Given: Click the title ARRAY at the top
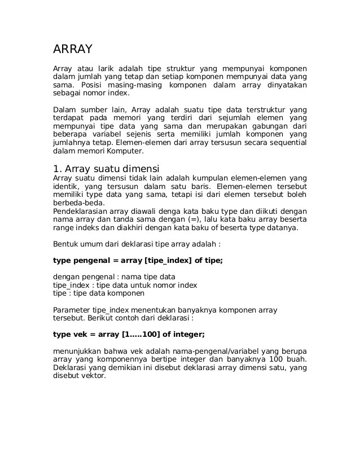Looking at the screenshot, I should tap(72, 49).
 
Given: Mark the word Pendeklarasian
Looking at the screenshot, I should tap(80, 211).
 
